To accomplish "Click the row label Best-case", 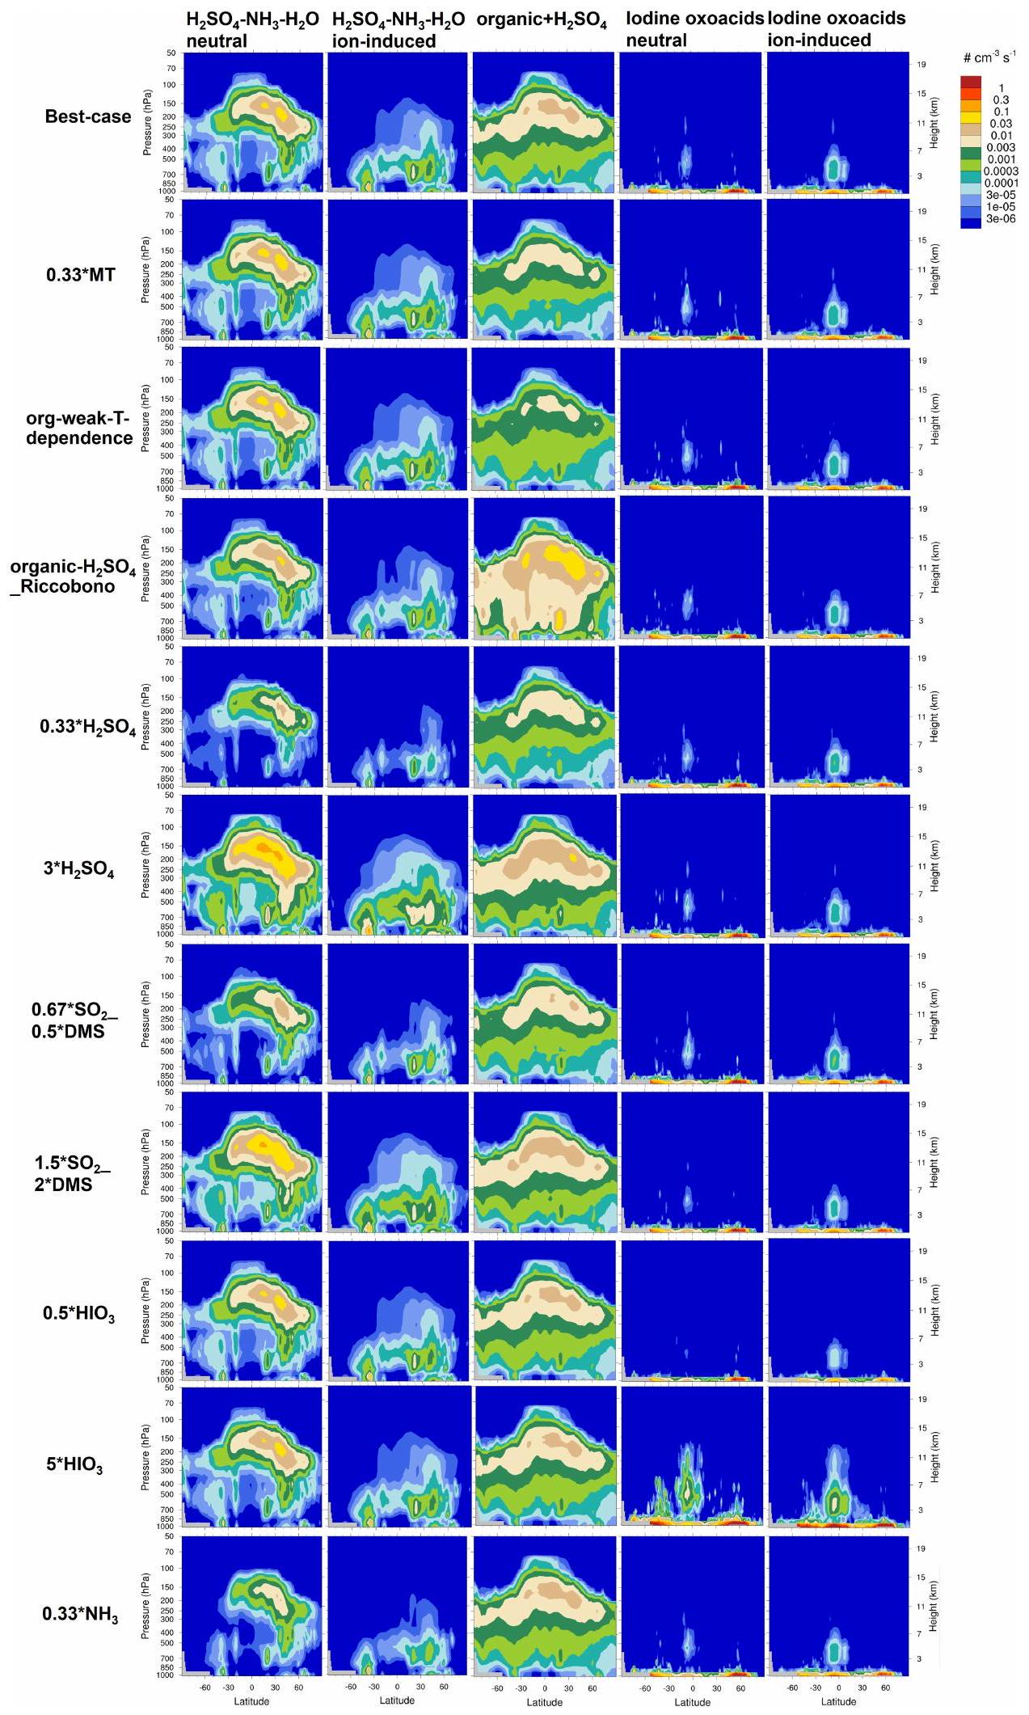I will point(87,116).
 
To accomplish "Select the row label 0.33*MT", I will point(80,275).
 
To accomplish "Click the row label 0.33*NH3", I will point(80,1614).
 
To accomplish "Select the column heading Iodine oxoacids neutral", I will point(694,29).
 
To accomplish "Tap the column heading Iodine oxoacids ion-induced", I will point(837,29).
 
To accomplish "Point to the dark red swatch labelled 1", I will point(971,82).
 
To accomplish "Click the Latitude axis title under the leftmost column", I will point(251,1700).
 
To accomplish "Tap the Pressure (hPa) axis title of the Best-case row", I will point(147,122).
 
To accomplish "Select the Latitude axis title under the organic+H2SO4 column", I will point(544,1702).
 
